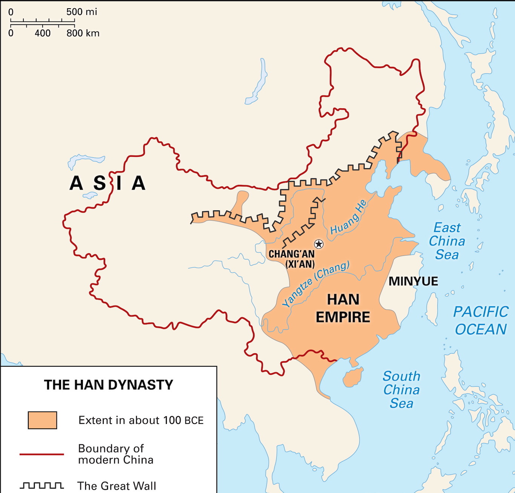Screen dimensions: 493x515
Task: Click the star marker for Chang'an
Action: pos(319,244)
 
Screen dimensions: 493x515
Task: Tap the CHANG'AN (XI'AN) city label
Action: pos(291,259)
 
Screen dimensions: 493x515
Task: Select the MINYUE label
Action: pos(413,281)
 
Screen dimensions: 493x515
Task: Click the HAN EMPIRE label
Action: pos(343,309)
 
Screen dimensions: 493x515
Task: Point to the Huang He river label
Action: pos(348,218)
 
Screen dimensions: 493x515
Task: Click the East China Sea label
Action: pos(447,241)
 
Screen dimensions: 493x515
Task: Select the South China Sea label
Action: pos(401,390)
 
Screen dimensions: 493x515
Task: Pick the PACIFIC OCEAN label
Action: pos(481,321)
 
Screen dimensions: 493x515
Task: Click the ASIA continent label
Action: pos(108,183)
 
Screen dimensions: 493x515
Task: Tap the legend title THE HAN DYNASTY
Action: pos(109,385)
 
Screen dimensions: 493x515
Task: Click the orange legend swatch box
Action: pos(43,420)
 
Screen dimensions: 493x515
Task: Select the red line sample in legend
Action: pos(41,454)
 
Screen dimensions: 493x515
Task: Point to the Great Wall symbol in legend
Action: pos(41,485)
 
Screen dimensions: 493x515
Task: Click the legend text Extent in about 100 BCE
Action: pos(141,420)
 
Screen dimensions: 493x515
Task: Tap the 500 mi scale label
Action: pos(81,12)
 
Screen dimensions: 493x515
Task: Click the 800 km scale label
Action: pos(83,33)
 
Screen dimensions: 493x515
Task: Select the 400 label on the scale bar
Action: pos(43,33)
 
